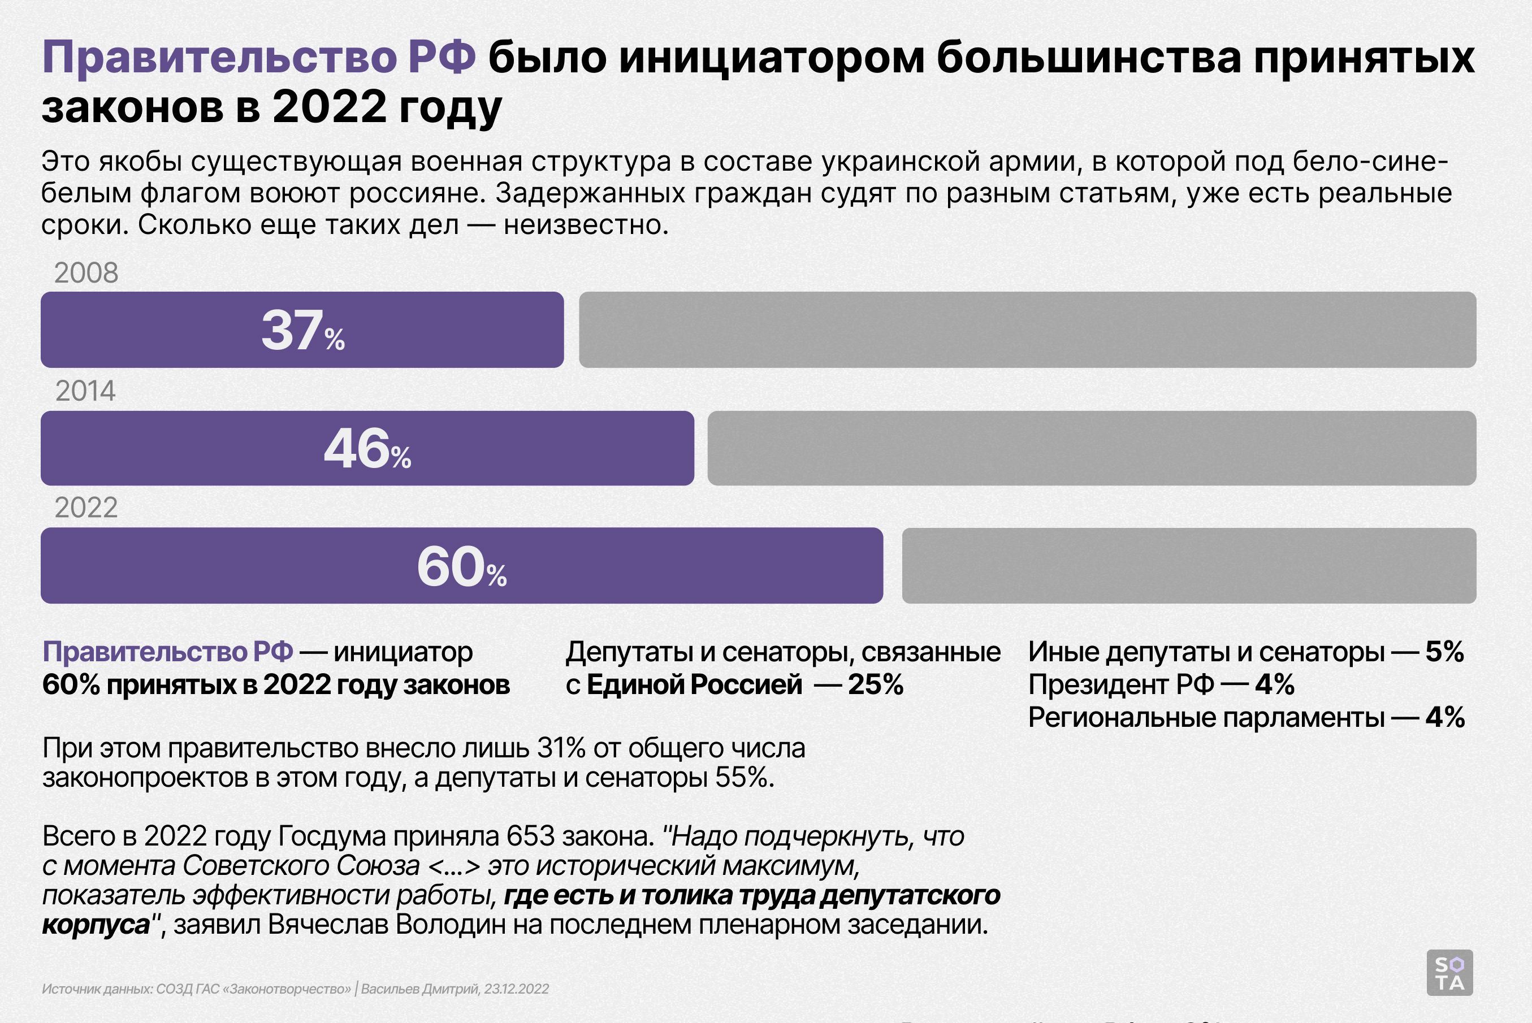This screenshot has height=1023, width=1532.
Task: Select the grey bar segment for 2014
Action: pos(1091,448)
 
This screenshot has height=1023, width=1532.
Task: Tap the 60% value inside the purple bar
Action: pos(461,566)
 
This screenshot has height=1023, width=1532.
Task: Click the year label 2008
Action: pos(86,273)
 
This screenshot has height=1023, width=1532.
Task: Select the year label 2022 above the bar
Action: pos(86,508)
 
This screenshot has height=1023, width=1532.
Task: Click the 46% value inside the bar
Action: pos(367,449)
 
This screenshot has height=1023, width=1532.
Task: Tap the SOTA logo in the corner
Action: pos(1450,973)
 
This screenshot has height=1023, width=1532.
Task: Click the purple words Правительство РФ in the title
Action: pos(259,58)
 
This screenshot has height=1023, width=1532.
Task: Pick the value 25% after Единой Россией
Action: pos(876,685)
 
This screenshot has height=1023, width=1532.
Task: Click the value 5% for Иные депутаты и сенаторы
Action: pos(1444,652)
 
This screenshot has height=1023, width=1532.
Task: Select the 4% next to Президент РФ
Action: pos(1275,685)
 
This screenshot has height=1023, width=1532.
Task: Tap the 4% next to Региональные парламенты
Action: pos(1445,718)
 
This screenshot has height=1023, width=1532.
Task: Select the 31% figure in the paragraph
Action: pos(560,748)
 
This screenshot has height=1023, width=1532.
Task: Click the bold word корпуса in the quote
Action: pos(96,925)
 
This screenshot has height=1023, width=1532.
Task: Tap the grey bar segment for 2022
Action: pos(1189,566)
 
